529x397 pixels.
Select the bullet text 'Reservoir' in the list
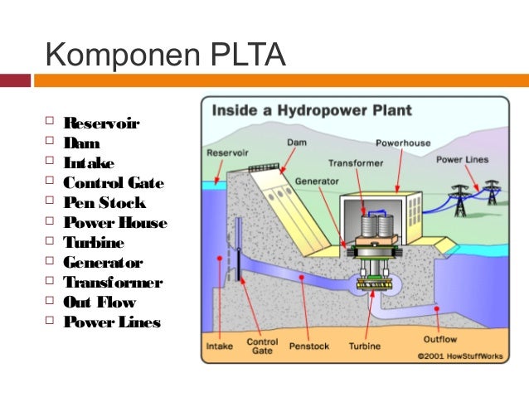click(x=101, y=123)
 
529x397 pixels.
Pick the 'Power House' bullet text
click(x=115, y=223)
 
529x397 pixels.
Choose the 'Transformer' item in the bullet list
click(x=113, y=283)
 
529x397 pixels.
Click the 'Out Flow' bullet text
click(x=99, y=303)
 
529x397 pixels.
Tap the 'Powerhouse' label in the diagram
click(x=403, y=143)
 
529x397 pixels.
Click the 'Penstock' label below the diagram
click(x=308, y=346)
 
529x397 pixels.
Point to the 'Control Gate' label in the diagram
click(x=263, y=346)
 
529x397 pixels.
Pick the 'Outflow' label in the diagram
click(x=439, y=338)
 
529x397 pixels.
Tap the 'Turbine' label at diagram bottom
click(x=365, y=346)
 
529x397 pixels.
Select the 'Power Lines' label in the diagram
click(x=462, y=159)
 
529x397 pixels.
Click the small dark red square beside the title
click(x=15, y=80)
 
